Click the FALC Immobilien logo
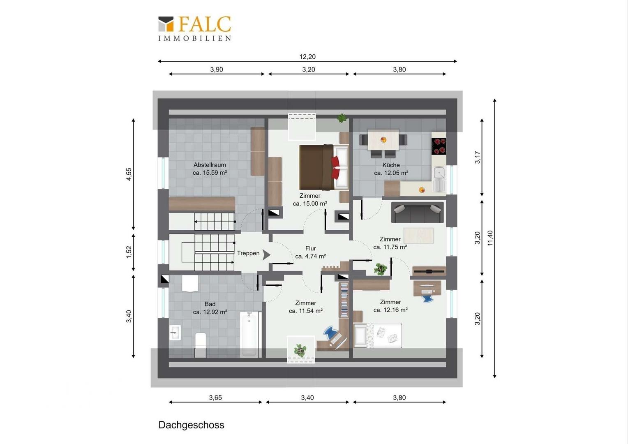click(x=195, y=28)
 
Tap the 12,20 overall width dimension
click(x=307, y=57)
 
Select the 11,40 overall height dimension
click(x=490, y=238)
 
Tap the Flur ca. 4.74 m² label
click(x=310, y=252)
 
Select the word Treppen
click(x=248, y=253)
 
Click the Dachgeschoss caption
click(x=191, y=425)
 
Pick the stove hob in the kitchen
click(x=439, y=146)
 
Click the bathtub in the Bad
click(x=249, y=334)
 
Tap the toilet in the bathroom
click(x=200, y=345)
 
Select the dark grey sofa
click(x=417, y=212)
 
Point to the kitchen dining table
click(x=383, y=140)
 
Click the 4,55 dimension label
click(x=129, y=174)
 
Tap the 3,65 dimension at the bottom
click(x=215, y=398)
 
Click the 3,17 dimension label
click(x=477, y=157)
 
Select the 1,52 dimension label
click(x=129, y=252)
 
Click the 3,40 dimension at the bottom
click(x=307, y=398)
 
